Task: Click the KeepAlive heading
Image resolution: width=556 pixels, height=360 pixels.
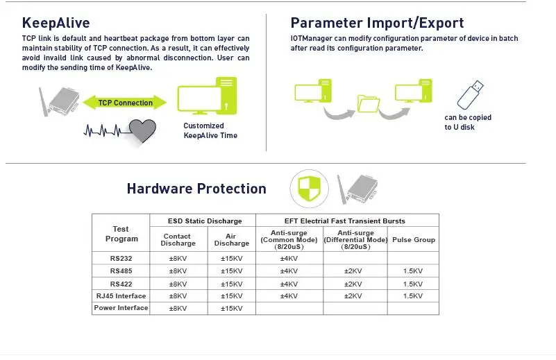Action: [56, 23]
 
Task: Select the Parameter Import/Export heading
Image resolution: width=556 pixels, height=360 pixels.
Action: [377, 23]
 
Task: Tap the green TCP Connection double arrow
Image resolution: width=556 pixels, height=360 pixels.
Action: [125, 103]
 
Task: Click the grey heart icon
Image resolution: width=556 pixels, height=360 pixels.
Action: [142, 130]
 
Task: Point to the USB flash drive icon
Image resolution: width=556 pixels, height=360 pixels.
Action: [470, 95]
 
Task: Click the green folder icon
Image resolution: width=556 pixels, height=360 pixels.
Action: [369, 104]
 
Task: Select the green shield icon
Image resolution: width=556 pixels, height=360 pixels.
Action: [309, 189]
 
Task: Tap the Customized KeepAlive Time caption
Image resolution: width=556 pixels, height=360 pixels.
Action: [210, 130]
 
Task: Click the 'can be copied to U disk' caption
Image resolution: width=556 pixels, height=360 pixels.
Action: [468, 122]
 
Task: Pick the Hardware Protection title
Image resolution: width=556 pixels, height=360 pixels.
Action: [196, 189]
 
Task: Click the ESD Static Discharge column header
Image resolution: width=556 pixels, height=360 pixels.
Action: [205, 221]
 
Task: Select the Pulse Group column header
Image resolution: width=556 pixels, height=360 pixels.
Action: [414, 239]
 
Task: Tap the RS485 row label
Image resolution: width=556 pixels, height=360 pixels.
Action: [121, 271]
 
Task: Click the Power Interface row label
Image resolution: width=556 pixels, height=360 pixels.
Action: [121, 308]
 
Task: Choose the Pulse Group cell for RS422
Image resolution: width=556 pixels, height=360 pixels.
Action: [413, 284]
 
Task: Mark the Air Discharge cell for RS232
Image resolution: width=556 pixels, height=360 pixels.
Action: [232, 258]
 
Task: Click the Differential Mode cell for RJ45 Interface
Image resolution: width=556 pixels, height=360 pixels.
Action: [353, 296]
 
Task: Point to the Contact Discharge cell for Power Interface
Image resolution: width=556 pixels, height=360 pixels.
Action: [178, 308]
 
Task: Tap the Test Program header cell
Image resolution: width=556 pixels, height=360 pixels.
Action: [121, 234]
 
